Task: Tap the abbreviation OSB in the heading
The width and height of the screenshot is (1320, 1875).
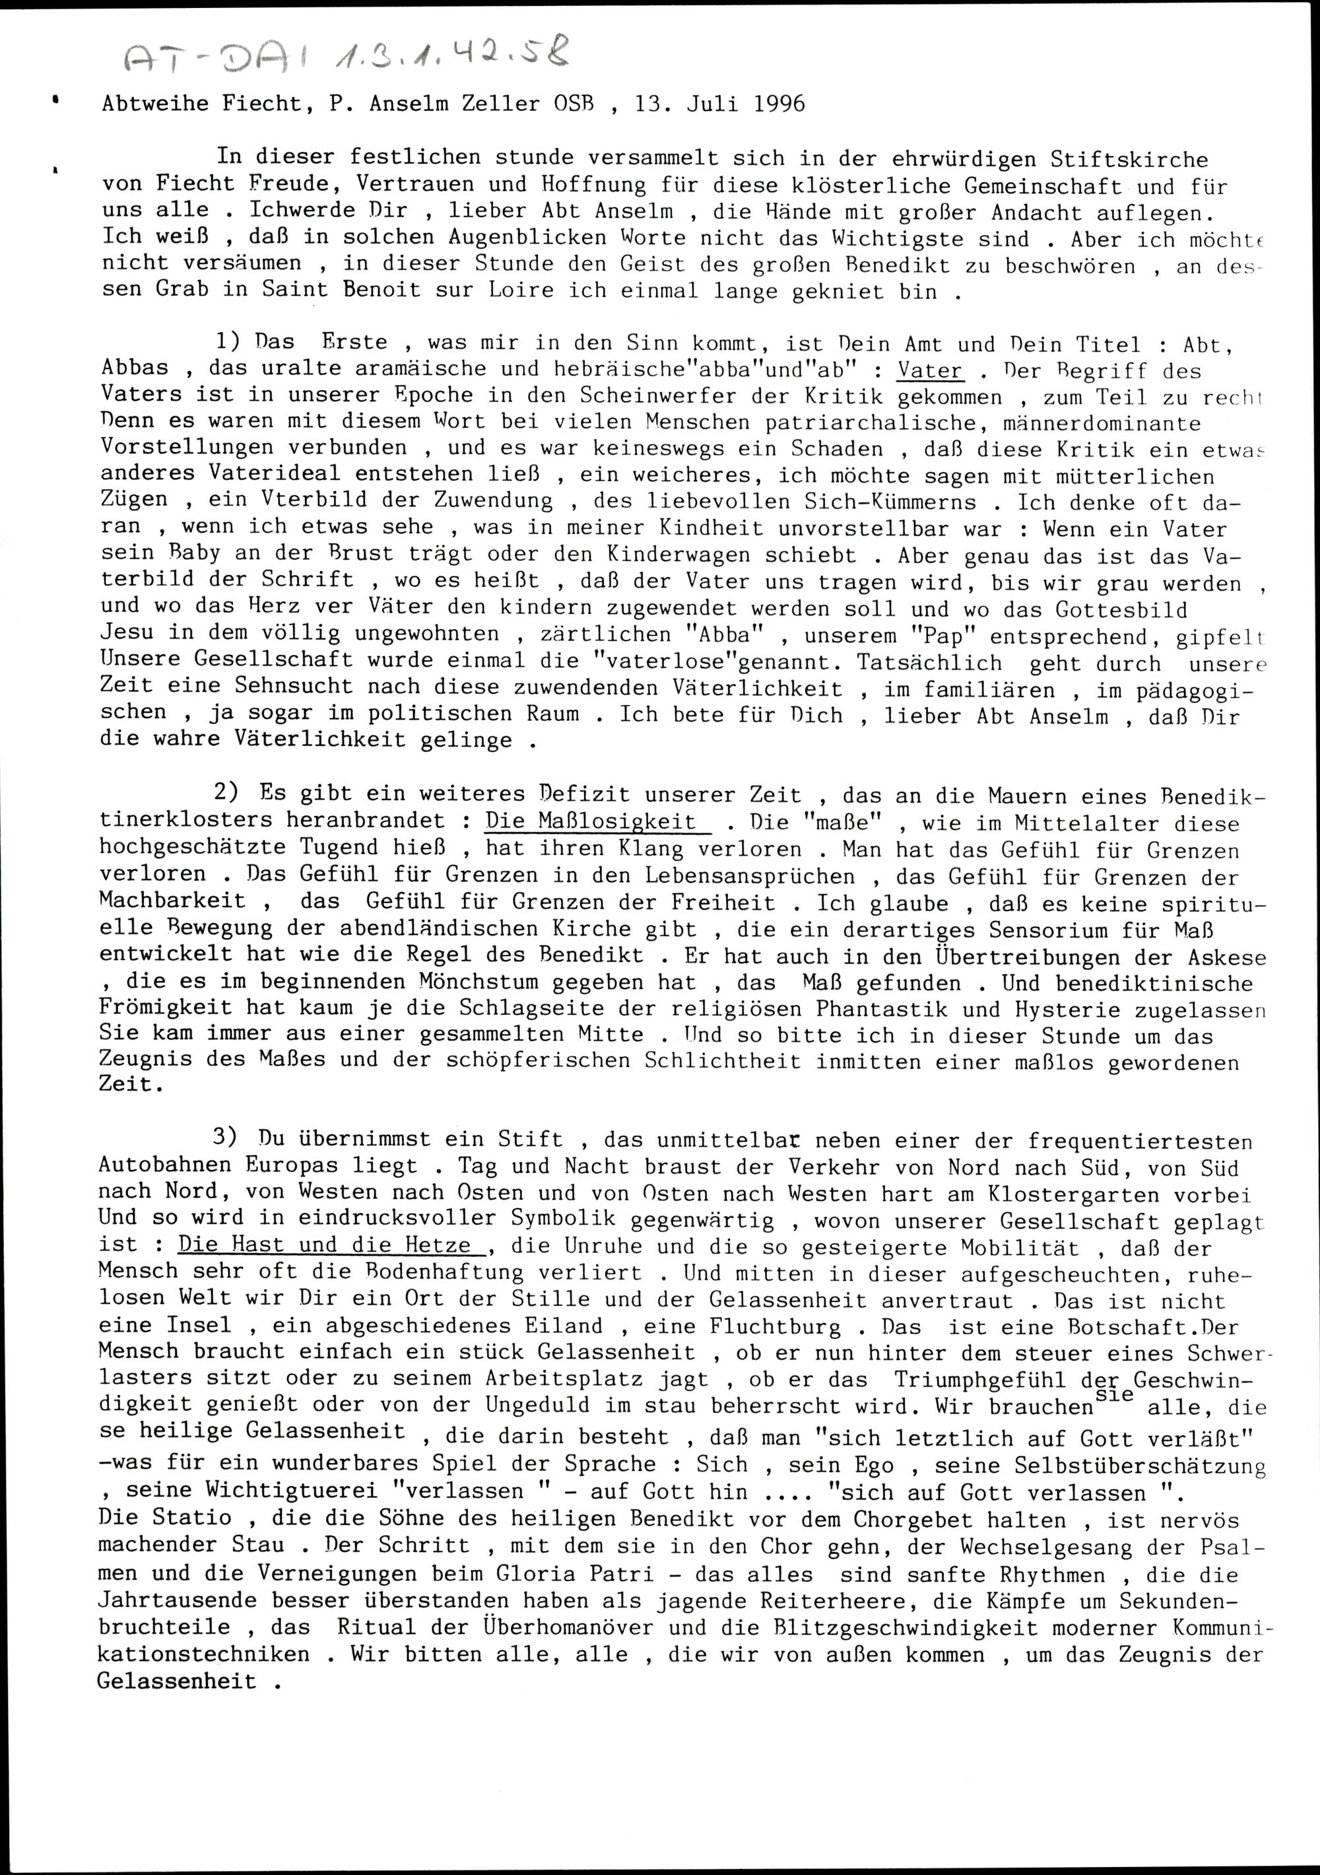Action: pyautogui.click(x=575, y=104)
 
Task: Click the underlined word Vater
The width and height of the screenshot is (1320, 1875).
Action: pyautogui.click(x=930, y=371)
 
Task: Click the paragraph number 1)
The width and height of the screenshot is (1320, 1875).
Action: pyautogui.click(x=228, y=343)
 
